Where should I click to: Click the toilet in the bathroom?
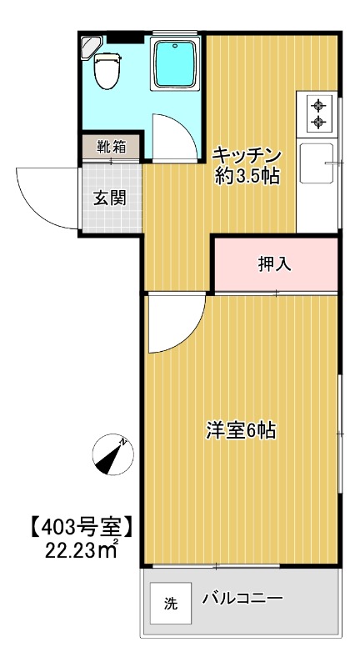(x=106, y=72)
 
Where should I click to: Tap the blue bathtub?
(x=175, y=63)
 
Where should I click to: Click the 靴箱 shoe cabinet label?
(x=111, y=148)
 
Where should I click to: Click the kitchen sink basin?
(x=317, y=163)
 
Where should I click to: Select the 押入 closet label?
(x=274, y=264)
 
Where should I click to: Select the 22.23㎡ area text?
(x=82, y=550)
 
